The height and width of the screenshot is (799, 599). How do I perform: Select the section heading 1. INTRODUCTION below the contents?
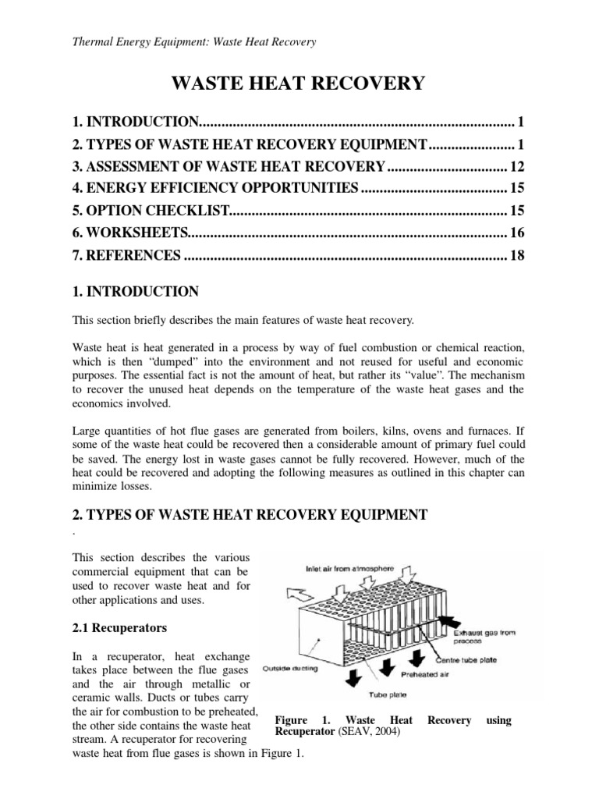(135, 292)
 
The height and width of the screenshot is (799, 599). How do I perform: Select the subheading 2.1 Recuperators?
(119, 627)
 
